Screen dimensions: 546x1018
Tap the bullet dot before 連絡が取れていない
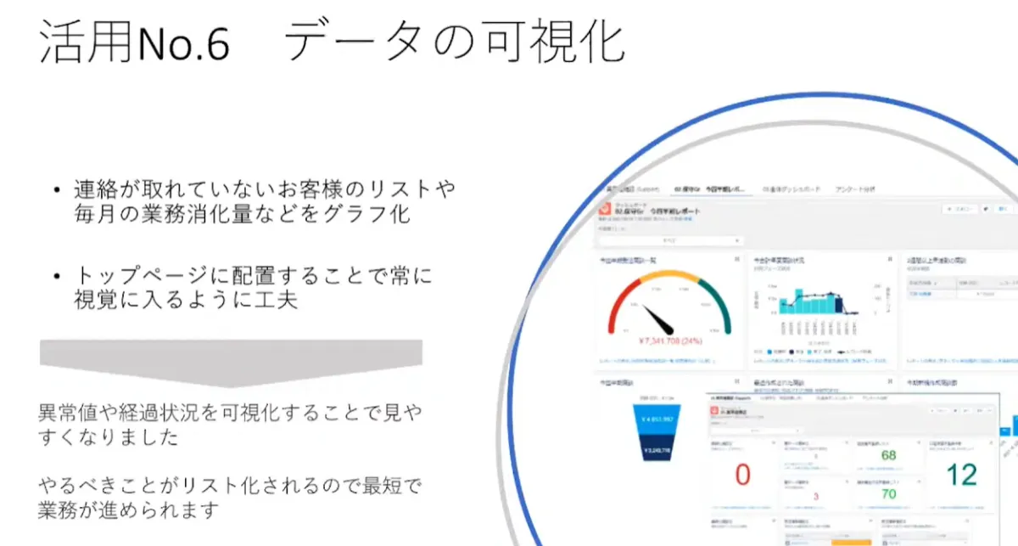[x=56, y=189]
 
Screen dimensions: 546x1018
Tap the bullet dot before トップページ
[x=56, y=276]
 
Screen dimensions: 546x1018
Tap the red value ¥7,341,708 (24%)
[x=670, y=341]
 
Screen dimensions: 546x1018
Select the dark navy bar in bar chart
[x=839, y=304]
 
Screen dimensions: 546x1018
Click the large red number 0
[x=742, y=475]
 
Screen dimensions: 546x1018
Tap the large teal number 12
[x=962, y=474]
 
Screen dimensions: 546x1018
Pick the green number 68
[x=888, y=456]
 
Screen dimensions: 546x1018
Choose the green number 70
[x=888, y=493]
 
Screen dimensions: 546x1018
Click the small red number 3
[x=815, y=495]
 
